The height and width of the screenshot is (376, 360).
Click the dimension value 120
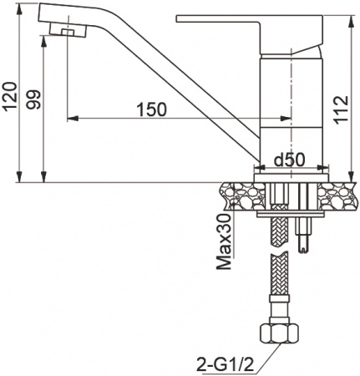(x=9, y=99)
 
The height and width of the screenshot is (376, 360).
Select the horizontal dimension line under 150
(x=180, y=117)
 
